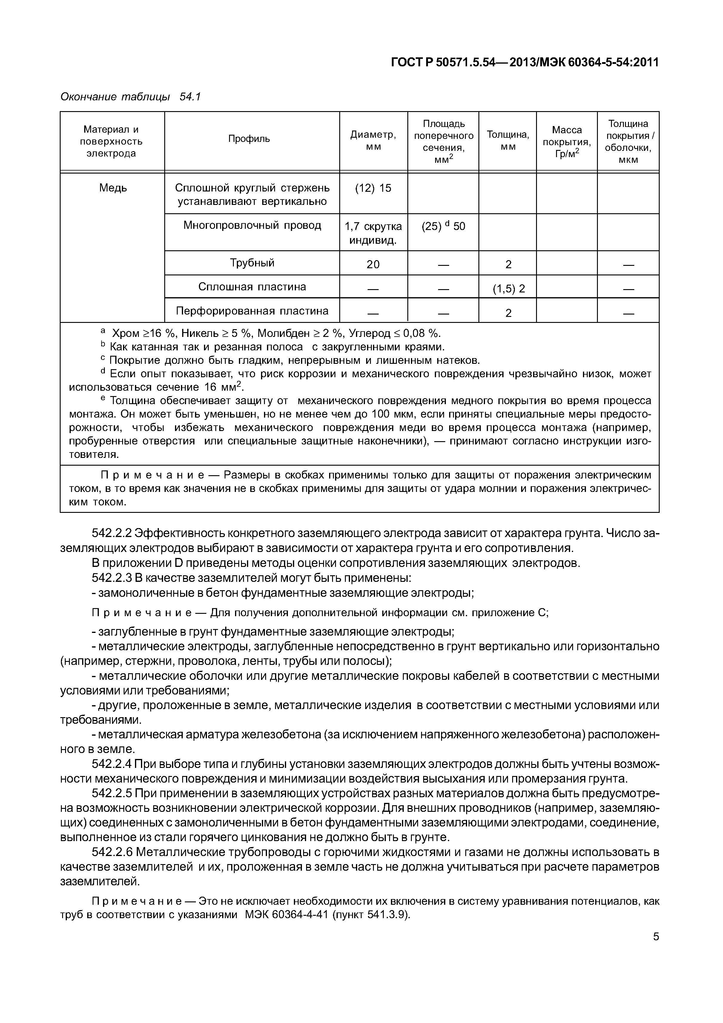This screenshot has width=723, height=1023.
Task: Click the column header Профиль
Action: (x=249, y=139)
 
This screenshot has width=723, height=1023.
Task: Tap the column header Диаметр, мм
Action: (x=373, y=140)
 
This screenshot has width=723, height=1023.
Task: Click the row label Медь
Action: (x=113, y=188)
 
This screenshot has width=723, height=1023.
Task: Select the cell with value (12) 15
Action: (x=373, y=188)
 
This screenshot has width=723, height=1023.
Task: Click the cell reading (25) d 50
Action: (x=443, y=226)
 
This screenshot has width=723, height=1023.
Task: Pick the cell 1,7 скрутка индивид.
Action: (x=373, y=233)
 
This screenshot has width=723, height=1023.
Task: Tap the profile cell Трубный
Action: (x=252, y=263)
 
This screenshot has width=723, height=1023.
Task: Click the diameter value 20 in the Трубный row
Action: (x=373, y=265)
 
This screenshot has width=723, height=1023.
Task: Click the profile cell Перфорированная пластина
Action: (x=252, y=311)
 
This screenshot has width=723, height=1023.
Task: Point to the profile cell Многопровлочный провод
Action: (x=252, y=226)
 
